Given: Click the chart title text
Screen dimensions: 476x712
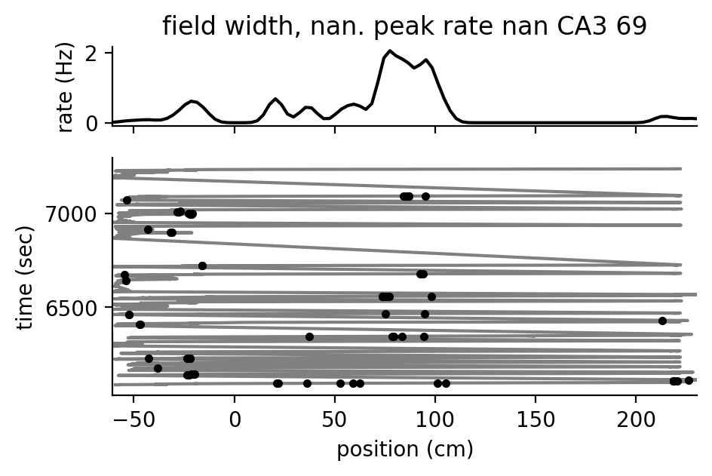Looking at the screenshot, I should coord(404,26).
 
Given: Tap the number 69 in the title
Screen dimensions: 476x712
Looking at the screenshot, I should coord(632,26).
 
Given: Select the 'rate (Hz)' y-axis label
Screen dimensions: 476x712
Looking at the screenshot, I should coord(66,88).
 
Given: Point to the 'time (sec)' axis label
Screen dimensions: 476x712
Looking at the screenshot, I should coord(26,276).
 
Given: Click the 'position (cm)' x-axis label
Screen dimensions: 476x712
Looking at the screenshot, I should coord(404,450).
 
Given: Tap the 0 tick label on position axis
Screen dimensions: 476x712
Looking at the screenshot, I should coord(235,419).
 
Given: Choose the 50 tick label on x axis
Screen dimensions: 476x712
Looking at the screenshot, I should coord(335,419).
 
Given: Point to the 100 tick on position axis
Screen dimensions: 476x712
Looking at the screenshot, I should coord(435,419).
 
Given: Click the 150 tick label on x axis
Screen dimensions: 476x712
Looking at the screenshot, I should coord(536,419).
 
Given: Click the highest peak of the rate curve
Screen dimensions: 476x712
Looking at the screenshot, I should coord(390,51).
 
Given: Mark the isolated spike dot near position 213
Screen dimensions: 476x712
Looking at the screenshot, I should coord(662,321).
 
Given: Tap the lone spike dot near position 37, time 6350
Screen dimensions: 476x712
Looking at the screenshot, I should coord(309,336).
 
